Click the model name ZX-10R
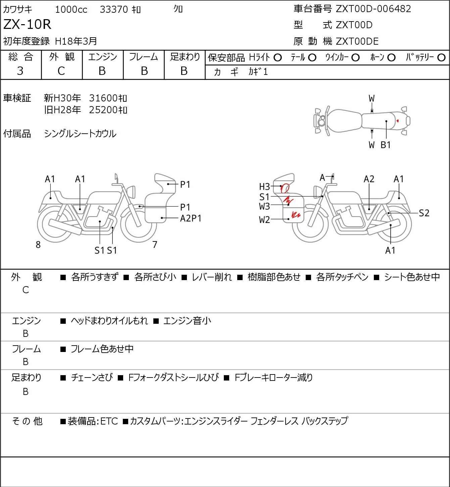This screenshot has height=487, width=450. pos(27,24)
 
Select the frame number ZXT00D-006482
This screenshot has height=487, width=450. pos(373,9)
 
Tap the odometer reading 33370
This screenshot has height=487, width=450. pos(114,9)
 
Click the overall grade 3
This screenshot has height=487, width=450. pos(20,71)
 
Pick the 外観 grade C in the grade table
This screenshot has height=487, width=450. pos(61,71)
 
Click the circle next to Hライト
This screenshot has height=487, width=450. pos(278,58)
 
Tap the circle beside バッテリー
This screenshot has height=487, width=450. pos(441,58)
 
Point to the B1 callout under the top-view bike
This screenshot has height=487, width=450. pos(386,145)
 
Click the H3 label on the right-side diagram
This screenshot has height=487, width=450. pos(264,187)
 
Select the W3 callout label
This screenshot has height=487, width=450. pos(264,207)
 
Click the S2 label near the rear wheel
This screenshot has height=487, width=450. pos(424,213)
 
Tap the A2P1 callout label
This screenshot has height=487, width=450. pos(191,218)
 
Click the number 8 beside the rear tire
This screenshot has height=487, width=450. pos(38,245)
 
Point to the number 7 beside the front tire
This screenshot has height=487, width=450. pos(155,245)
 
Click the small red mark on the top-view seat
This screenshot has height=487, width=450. pos(398,121)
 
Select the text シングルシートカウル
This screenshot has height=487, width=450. pos(80,134)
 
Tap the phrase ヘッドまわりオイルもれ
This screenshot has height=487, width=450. pos(109,321)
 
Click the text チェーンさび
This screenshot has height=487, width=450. pos(92,378)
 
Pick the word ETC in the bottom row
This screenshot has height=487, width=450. pos(109,421)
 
